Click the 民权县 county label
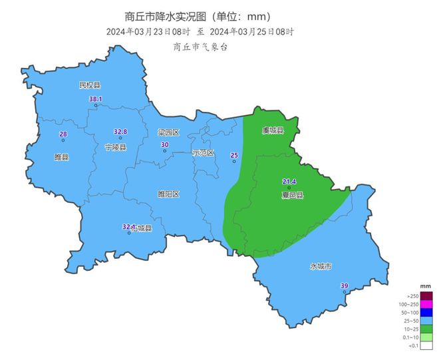pyautogui.click(x=89, y=85)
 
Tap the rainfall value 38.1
pyautogui.click(x=96, y=99)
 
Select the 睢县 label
pyautogui.click(x=61, y=157)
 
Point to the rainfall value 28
pyautogui.click(x=63, y=134)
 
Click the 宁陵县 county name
pyautogui.click(x=116, y=147)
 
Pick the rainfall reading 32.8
pyautogui.click(x=120, y=131)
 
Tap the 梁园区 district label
pyautogui.click(x=169, y=132)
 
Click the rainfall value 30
pyautogui.click(x=165, y=144)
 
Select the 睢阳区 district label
pyautogui.click(x=168, y=194)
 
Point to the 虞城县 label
pyautogui.click(x=273, y=130)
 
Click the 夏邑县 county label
pyautogui.click(x=292, y=196)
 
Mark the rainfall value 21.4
pyautogui.click(x=289, y=182)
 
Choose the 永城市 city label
pyautogui.click(x=320, y=266)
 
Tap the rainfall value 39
pyautogui.click(x=344, y=286)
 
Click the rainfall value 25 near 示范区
pyautogui.click(x=234, y=155)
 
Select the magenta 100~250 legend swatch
pyautogui.click(x=426, y=303)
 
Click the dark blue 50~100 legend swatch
pyautogui.click(x=426, y=311)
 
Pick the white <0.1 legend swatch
pyautogui.click(x=426, y=345)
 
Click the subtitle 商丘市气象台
pyautogui.click(x=200, y=47)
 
